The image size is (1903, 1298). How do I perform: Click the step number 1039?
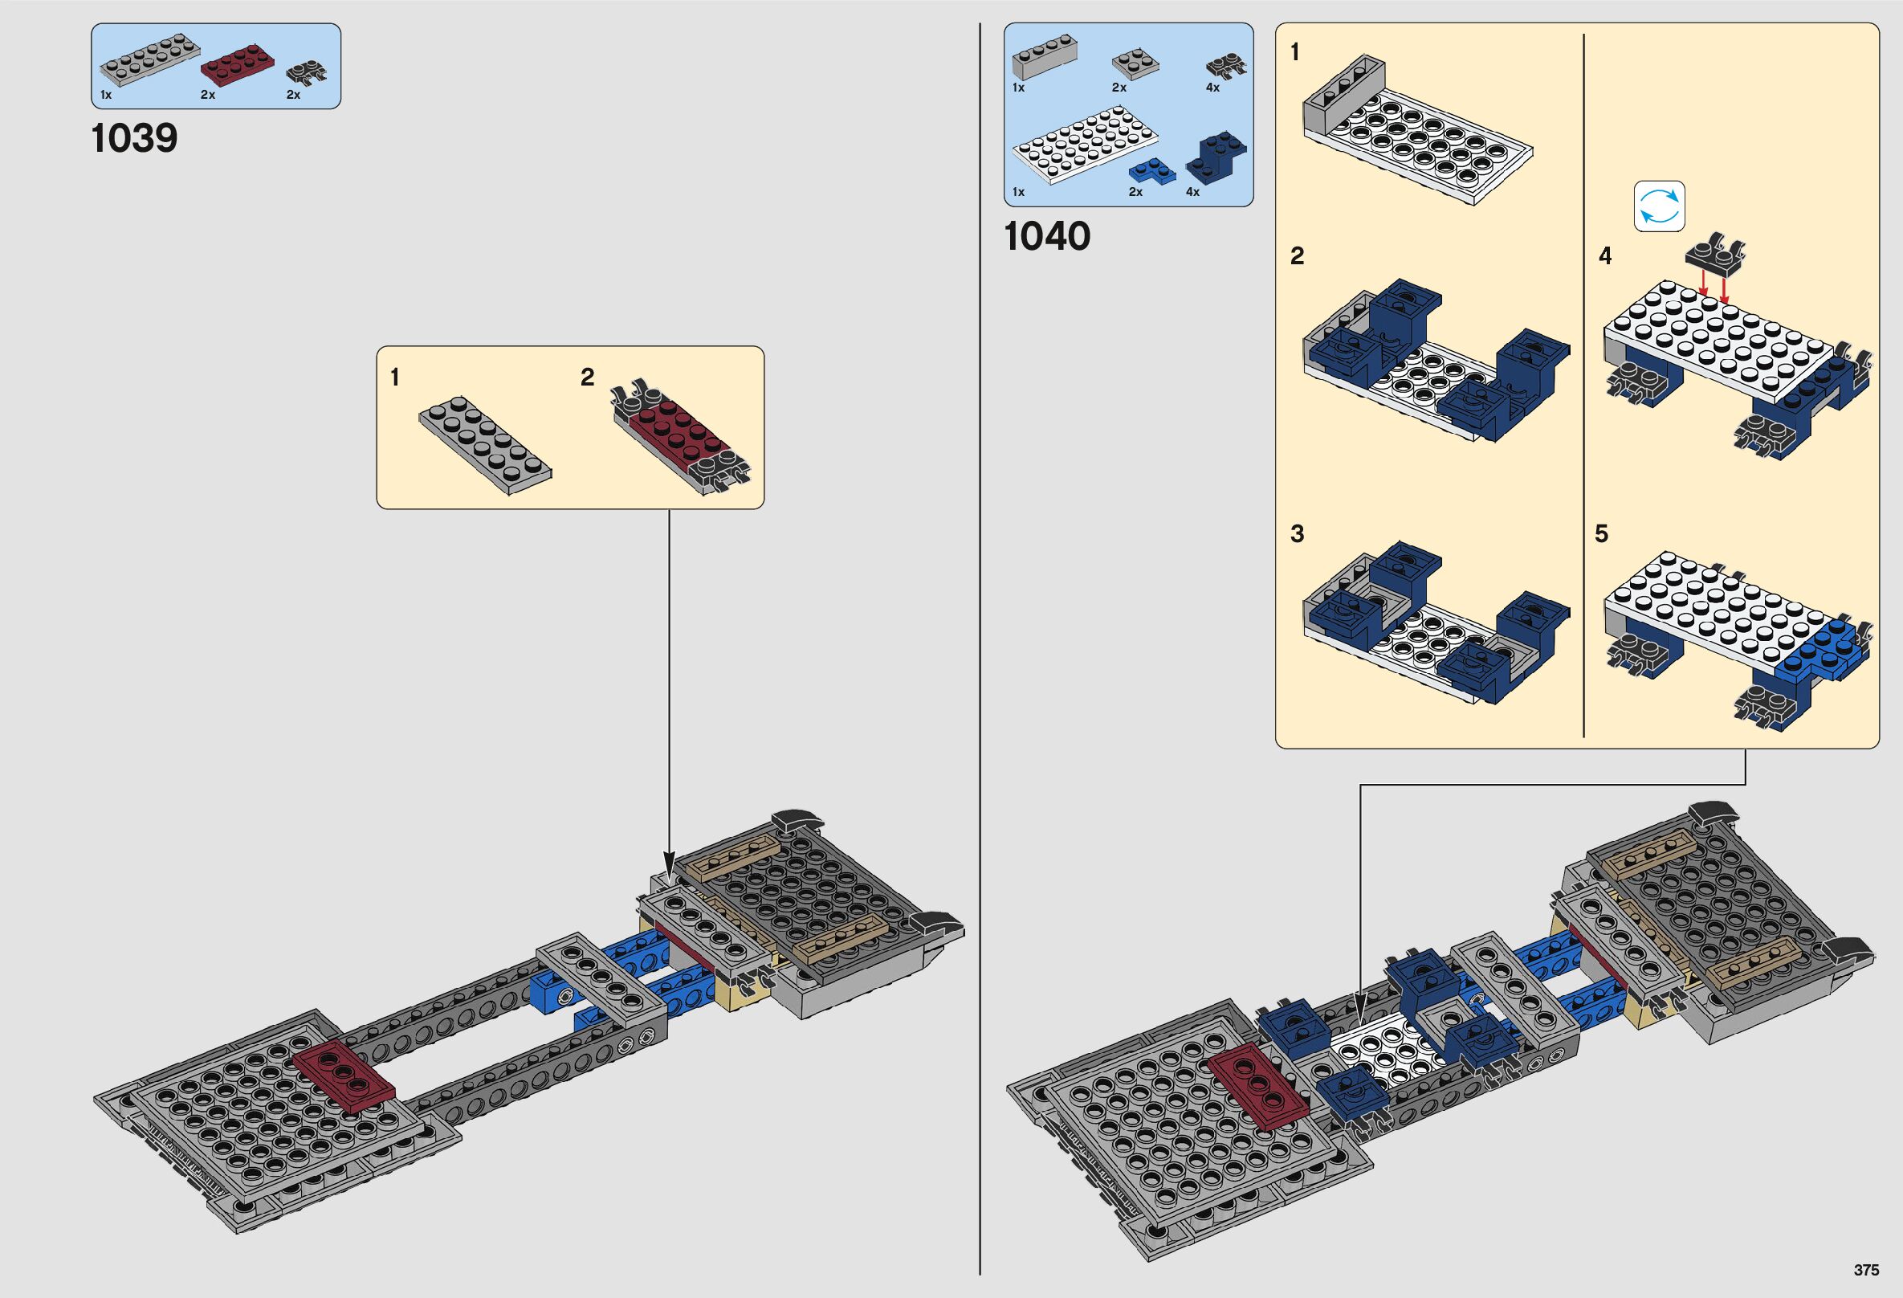click(x=134, y=138)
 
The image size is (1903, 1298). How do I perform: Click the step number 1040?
click(x=1046, y=237)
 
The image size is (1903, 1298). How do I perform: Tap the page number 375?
click(x=1866, y=1270)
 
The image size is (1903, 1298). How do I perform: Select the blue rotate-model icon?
click(x=1659, y=206)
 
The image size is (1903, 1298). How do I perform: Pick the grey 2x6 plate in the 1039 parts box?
click(x=150, y=59)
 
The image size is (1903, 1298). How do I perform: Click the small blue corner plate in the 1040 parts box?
click(x=1151, y=170)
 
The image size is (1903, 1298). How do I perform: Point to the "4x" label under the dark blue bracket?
click(x=1192, y=193)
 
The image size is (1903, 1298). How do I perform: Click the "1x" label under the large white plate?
click(x=1019, y=193)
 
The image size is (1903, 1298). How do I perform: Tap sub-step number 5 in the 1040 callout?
click(x=1602, y=534)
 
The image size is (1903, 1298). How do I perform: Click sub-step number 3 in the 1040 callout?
click(x=1297, y=534)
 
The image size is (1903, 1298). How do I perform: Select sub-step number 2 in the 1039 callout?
click(x=587, y=378)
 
